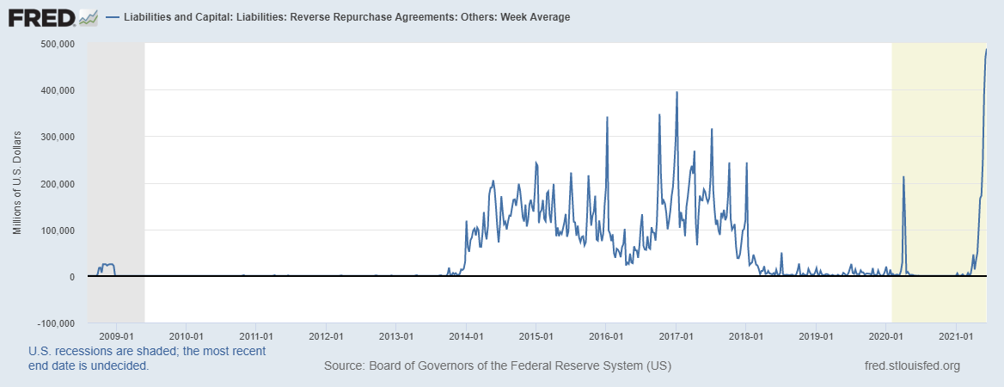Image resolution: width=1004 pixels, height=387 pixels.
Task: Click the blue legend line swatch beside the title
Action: [113, 17]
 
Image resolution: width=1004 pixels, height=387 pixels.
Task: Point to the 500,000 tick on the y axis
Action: [58, 43]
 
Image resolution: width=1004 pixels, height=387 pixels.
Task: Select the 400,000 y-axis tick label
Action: [58, 89]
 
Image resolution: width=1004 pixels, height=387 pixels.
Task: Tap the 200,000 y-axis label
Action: [58, 183]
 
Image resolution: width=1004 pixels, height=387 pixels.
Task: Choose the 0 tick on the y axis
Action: [75, 277]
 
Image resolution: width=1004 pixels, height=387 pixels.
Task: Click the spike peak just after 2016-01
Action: [608, 118]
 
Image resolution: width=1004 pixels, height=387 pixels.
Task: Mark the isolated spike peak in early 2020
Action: [903, 177]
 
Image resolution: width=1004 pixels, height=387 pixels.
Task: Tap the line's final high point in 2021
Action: [986, 50]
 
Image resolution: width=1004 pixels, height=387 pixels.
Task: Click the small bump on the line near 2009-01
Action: [107, 265]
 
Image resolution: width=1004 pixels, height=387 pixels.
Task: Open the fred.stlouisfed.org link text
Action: [911, 365]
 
